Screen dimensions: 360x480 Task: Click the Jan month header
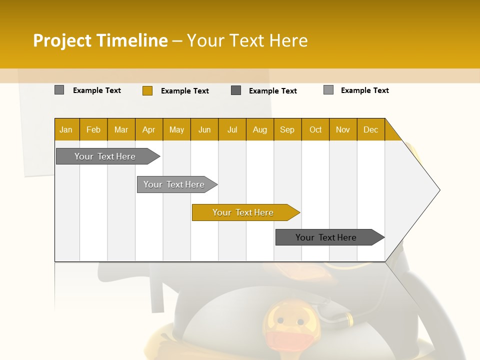pyautogui.click(x=66, y=129)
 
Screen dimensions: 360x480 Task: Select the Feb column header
pyautogui.click(x=93, y=129)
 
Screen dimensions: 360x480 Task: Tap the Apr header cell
pyautogui.click(x=148, y=129)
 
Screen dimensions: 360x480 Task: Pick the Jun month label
pyautogui.click(x=204, y=129)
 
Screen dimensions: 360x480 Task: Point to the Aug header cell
pyautogui.click(x=259, y=129)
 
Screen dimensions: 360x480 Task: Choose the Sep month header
pyautogui.click(x=287, y=129)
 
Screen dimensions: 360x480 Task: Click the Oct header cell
pyautogui.click(x=315, y=129)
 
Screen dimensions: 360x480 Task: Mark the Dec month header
pyautogui.click(x=370, y=129)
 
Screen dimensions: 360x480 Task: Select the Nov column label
pyautogui.click(x=343, y=129)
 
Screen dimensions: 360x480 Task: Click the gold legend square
pyautogui.click(x=147, y=90)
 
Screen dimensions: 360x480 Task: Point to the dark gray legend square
pyautogui.click(x=236, y=90)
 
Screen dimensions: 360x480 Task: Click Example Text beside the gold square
pyautogui.click(x=184, y=91)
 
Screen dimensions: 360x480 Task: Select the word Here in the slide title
pyautogui.click(x=288, y=40)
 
